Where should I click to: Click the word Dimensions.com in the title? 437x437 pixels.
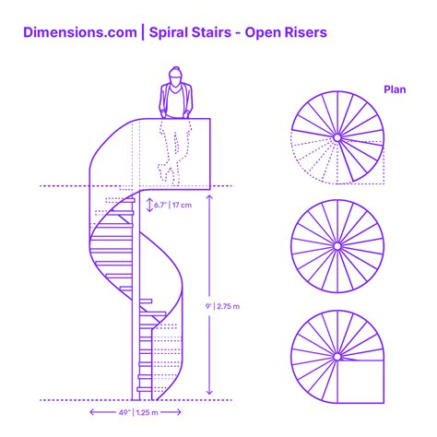pos(78,32)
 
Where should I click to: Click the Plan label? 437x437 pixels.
pos(396,89)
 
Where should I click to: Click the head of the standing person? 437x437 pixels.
pos(173,76)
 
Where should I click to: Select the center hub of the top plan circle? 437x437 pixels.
pos(337,137)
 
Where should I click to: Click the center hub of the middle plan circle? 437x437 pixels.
pos(337,246)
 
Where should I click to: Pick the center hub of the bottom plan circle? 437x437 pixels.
pos(337,356)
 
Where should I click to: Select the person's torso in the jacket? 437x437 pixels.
pos(173,101)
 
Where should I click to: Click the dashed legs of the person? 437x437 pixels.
pos(171,152)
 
